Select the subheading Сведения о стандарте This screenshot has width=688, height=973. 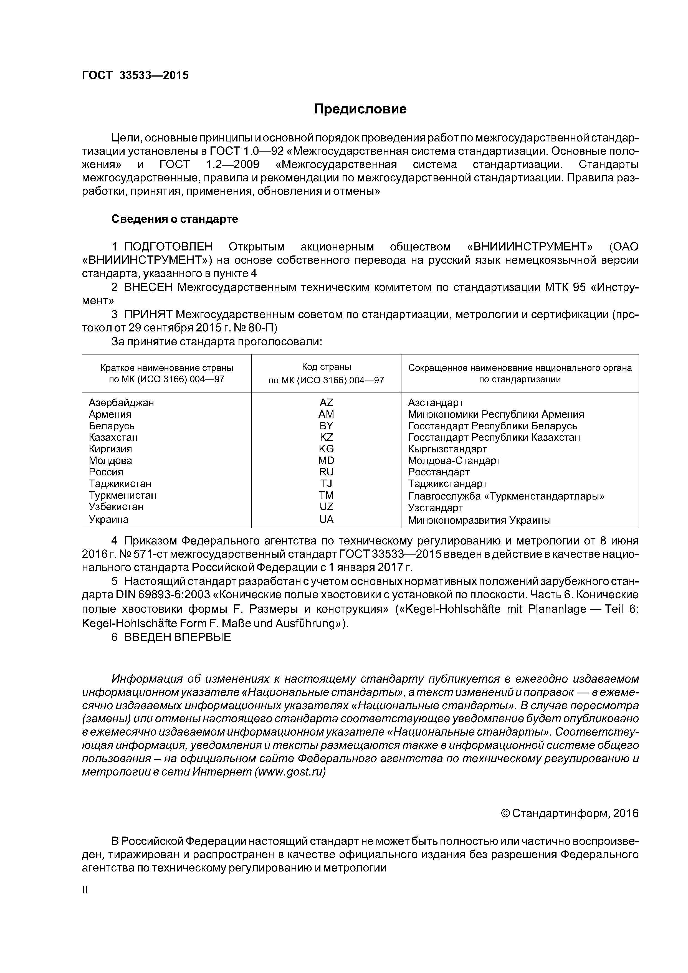pos(175,219)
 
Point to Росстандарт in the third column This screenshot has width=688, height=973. pos(439,472)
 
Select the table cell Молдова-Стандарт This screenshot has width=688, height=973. pos(454,461)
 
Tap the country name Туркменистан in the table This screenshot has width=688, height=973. pos(123,495)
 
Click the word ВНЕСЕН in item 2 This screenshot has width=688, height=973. pos(148,287)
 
